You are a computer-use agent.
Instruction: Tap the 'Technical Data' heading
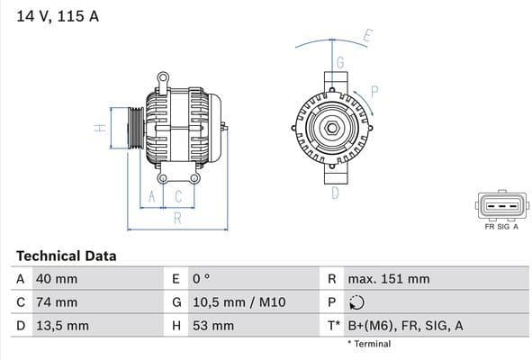pyautogui.click(x=66, y=256)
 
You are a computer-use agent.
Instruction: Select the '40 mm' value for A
pyautogui.click(x=56, y=279)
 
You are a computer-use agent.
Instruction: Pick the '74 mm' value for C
pyautogui.click(x=56, y=302)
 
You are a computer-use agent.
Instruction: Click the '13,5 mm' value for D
pyautogui.click(x=61, y=326)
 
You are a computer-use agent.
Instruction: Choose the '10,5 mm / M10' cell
pyautogui.click(x=235, y=302)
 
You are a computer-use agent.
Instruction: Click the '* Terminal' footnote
pyautogui.click(x=369, y=344)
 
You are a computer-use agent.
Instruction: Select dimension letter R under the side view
pyautogui.click(x=177, y=218)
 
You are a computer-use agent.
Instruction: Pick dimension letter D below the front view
pyautogui.click(x=334, y=193)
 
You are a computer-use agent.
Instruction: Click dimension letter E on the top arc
pyautogui.click(x=366, y=36)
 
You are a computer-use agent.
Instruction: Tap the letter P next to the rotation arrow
pyautogui.click(x=374, y=90)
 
